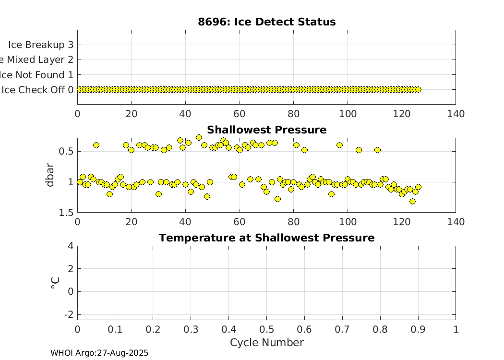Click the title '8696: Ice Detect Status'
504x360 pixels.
266,22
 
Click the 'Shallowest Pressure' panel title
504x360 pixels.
266,130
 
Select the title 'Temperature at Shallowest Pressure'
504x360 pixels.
266,238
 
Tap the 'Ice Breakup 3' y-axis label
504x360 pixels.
41,45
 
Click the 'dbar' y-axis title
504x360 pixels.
51,175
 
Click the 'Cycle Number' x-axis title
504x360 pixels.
266,342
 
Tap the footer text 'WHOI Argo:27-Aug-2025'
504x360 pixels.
99,353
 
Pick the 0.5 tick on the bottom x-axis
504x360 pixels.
266,329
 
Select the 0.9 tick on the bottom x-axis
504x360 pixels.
418,329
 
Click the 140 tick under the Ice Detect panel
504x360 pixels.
456,114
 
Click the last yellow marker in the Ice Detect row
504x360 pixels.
418,89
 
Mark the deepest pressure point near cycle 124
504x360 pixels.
412,201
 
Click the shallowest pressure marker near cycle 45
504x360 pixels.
199,137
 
